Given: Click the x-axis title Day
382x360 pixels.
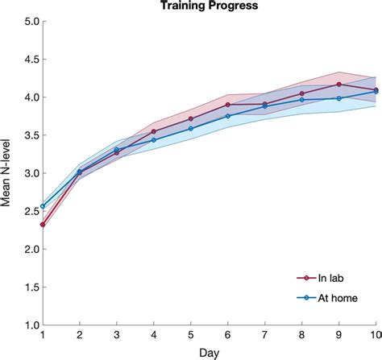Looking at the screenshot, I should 209,353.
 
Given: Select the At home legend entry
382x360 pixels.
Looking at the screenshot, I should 334,298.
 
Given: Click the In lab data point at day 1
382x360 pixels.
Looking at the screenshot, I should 42,225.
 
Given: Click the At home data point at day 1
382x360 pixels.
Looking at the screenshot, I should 42,206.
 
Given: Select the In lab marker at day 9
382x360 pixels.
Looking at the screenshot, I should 338,84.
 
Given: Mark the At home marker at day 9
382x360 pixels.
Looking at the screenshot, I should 338,98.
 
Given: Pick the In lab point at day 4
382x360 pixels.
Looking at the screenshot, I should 153,131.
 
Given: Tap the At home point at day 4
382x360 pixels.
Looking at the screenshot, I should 153,140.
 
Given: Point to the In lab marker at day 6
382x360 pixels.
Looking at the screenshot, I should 227,105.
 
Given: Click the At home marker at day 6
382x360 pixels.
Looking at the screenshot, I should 227,116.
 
